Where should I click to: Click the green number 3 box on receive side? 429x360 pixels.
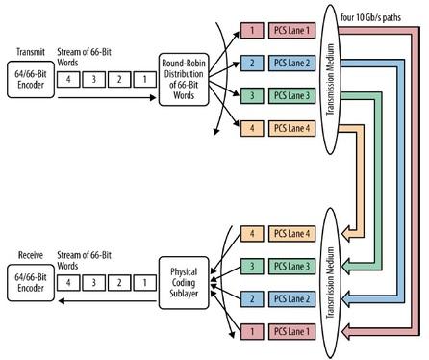pos(251,265)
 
